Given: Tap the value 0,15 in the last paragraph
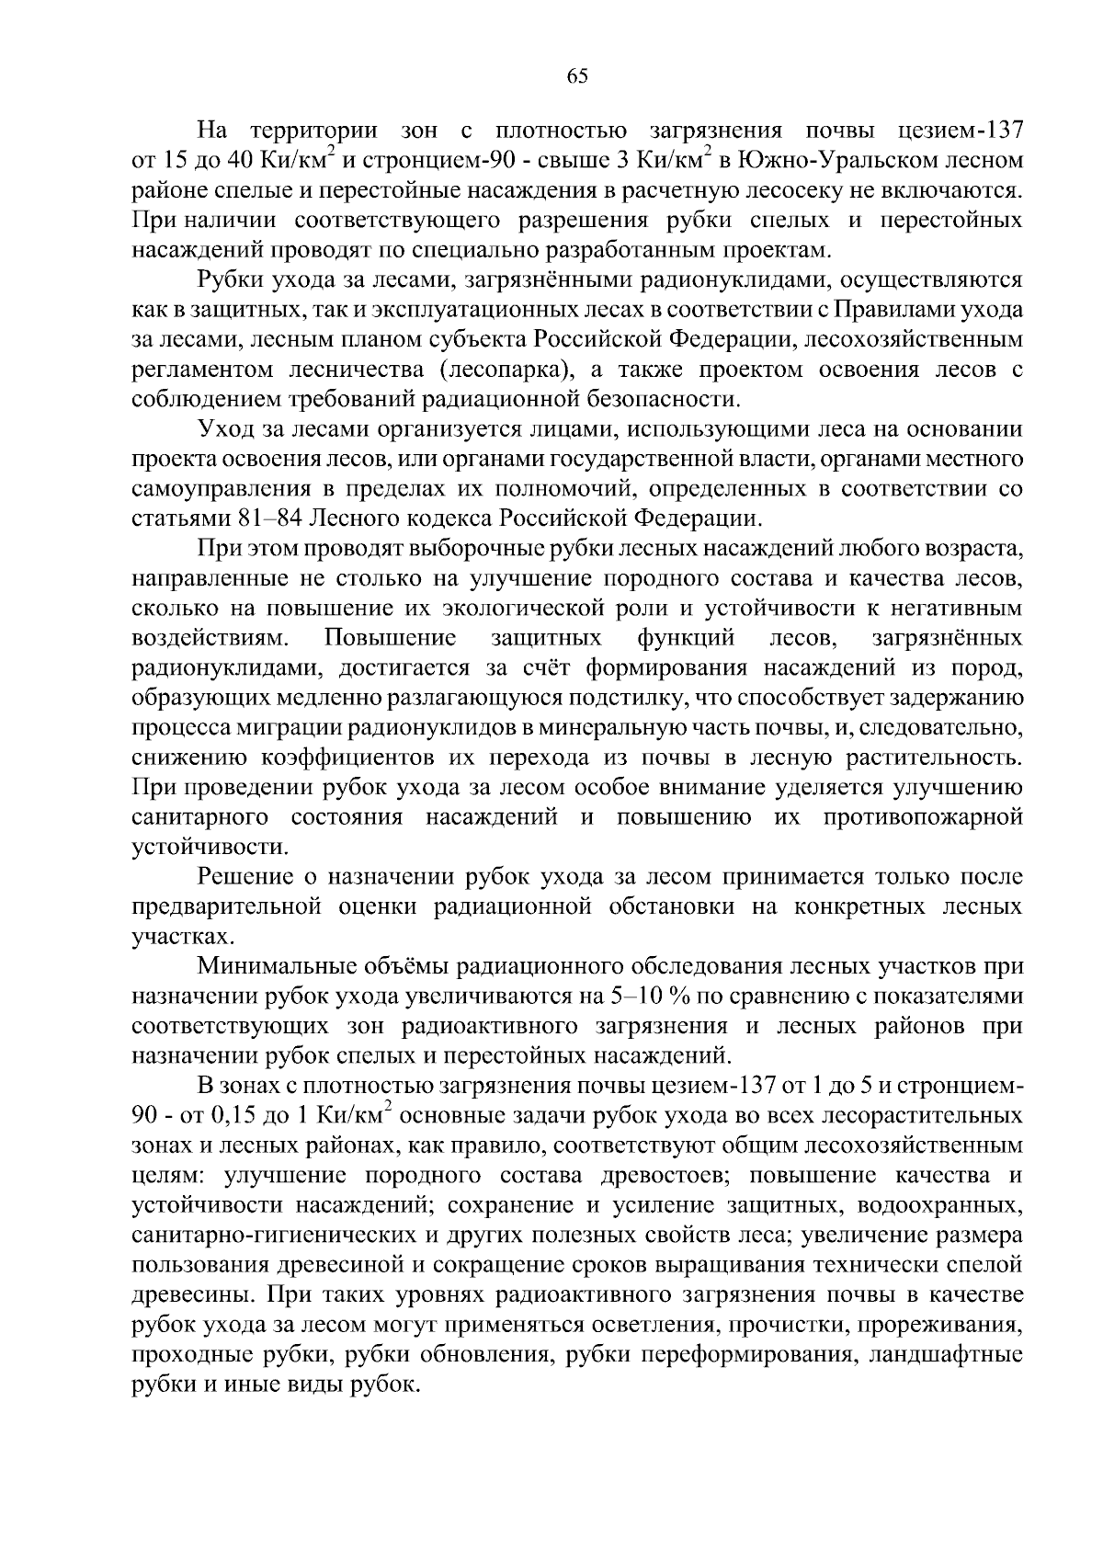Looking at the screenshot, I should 233,1116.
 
